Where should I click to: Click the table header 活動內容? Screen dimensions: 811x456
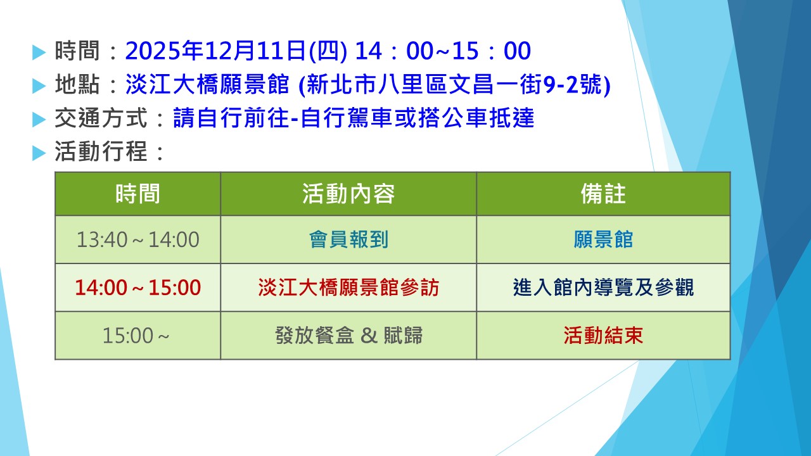348,194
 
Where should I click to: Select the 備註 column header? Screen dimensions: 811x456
603,194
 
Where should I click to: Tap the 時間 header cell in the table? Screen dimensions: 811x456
137,194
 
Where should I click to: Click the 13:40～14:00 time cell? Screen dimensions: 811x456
137,239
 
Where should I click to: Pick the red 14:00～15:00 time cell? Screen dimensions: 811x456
137,288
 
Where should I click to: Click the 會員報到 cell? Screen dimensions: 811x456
348,239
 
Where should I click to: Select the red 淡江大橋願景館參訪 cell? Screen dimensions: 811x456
348,288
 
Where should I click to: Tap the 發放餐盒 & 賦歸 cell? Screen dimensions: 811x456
348,336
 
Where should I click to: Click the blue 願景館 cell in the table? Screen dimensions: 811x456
603,239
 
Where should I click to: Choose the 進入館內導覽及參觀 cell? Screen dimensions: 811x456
603,288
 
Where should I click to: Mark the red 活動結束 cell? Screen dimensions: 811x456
603,336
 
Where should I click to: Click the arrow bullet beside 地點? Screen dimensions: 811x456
39,86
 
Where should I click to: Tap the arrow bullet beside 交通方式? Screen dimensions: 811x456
39,120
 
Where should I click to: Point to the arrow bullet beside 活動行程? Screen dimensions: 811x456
39,153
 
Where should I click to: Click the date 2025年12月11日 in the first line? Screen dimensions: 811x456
216,51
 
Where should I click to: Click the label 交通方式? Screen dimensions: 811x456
101,118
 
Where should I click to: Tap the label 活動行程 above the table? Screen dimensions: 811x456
101,151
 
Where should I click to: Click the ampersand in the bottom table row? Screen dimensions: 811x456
369,336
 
